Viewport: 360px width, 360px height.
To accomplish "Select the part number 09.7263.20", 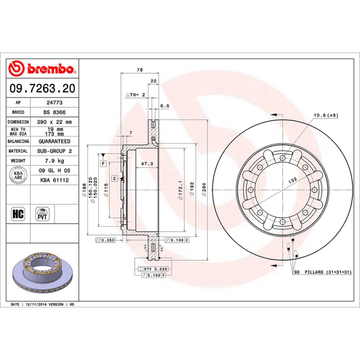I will point(42,89).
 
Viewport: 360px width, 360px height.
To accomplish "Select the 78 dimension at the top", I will point(139,70).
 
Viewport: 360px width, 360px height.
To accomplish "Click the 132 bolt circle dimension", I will point(292,180).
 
